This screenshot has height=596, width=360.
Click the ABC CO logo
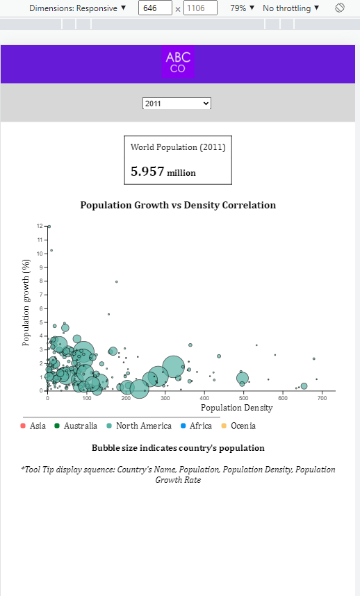click(178, 63)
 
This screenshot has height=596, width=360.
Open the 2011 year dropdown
click(177, 104)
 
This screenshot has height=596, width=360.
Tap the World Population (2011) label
click(178, 147)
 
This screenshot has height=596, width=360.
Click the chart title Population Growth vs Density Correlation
click(178, 206)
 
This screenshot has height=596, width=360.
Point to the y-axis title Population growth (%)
click(26, 309)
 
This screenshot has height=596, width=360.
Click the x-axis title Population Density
click(236, 408)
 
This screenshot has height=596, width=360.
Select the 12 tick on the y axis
click(40, 226)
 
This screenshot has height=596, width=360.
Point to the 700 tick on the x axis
click(322, 398)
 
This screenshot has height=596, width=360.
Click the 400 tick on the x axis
click(204, 398)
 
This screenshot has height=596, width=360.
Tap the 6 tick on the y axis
click(40, 308)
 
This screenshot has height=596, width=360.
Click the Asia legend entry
click(33, 426)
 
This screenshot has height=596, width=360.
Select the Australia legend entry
click(76, 426)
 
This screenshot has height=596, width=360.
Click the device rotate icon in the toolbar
click(340, 8)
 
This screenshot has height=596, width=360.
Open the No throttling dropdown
click(291, 8)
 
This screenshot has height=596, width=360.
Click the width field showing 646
click(154, 8)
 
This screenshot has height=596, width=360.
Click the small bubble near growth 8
click(116, 281)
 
